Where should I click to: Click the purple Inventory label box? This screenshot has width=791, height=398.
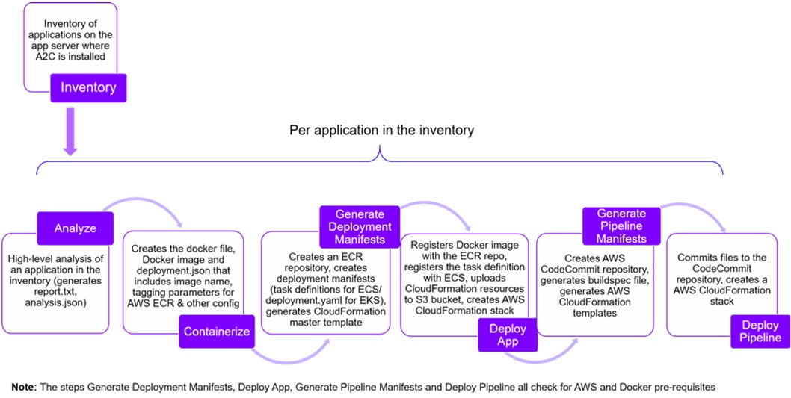[88, 87]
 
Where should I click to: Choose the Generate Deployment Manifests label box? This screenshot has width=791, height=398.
[360, 227]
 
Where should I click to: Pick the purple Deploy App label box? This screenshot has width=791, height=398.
[508, 336]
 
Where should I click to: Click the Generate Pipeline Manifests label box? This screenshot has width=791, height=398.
[621, 225]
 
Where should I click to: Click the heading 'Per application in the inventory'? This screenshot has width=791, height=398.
[382, 131]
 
